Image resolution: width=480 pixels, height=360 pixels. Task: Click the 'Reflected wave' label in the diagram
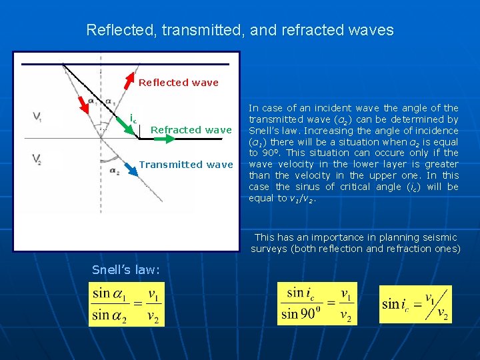tap(178, 83)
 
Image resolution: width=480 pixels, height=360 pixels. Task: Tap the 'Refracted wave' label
tap(191, 130)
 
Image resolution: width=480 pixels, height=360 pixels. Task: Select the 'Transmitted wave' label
tap(186, 164)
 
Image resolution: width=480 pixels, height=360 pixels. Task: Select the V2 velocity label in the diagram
tap(38, 158)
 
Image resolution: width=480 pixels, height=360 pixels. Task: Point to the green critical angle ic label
tap(133, 120)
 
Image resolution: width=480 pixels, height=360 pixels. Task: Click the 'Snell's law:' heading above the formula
tap(126, 269)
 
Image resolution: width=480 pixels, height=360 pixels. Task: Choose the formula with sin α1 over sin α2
tap(127, 305)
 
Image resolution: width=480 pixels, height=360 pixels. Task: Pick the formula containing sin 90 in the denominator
tap(317, 303)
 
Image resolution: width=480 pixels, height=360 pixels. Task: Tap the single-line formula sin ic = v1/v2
tap(415, 305)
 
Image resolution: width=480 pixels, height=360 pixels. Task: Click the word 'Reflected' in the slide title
tap(116, 31)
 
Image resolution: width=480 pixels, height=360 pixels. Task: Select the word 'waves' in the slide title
tap(371, 31)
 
